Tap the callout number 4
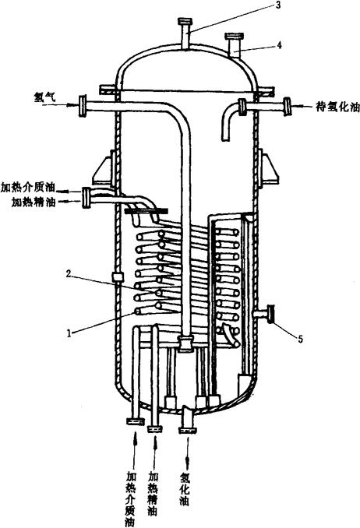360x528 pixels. pyautogui.click(x=280, y=45)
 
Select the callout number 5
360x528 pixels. pyautogui.click(x=300, y=339)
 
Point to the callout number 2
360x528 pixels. pyautogui.click(x=69, y=274)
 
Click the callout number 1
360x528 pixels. pyautogui.click(x=69, y=333)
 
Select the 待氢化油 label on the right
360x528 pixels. pyautogui.click(x=337, y=107)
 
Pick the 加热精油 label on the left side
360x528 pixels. pyautogui.click(x=34, y=202)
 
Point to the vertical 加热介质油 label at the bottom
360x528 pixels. pyautogui.click(x=130, y=499)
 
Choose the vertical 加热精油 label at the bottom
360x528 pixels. pyautogui.click(x=153, y=494)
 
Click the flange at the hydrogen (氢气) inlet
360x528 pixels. pyautogui.click(x=83, y=106)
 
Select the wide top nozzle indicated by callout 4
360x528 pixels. pyautogui.click(x=234, y=45)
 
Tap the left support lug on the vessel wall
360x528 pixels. pyautogui.click(x=104, y=168)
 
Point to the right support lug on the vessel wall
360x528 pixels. pyautogui.click(x=269, y=168)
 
